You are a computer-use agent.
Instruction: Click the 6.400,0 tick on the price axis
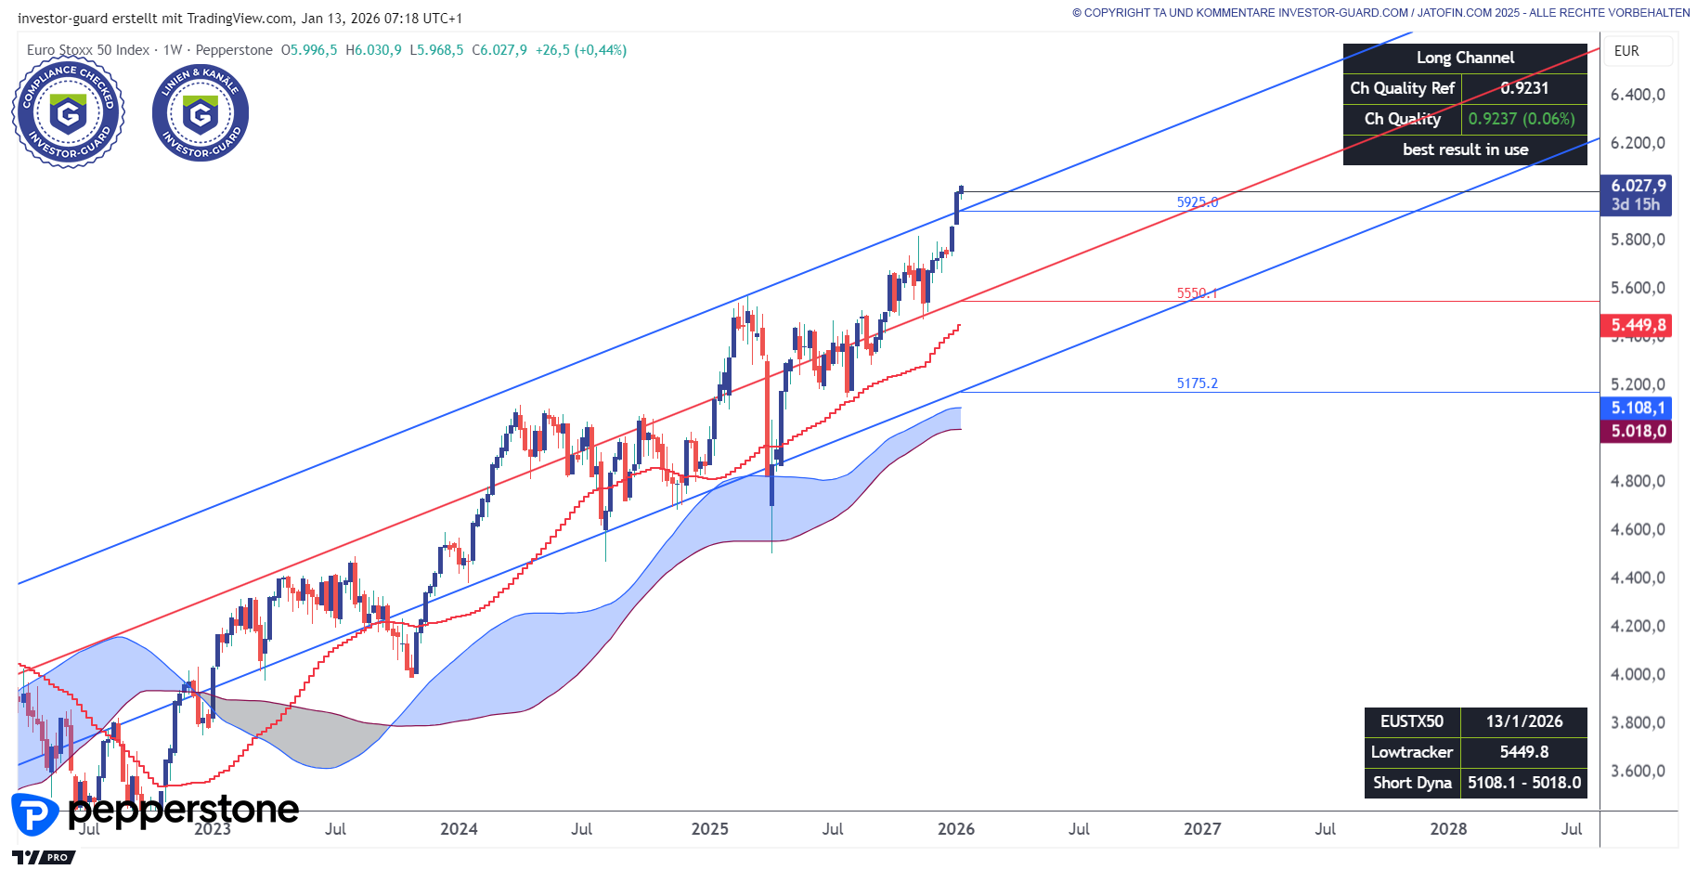point(1637,95)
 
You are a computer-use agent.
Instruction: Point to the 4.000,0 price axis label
point(1637,674)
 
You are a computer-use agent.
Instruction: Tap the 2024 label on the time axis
point(459,829)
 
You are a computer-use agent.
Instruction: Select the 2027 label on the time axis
point(1202,829)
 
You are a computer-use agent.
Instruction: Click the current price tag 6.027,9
point(1638,186)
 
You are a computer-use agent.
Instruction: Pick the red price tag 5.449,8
point(1638,325)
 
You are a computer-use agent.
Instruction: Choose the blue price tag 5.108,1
point(1638,408)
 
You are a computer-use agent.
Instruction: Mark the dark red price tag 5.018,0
point(1638,431)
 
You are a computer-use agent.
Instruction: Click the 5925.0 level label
point(1197,202)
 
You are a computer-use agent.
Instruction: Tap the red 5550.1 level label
point(1197,293)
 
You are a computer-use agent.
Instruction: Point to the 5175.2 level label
point(1197,383)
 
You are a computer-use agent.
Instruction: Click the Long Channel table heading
point(1465,58)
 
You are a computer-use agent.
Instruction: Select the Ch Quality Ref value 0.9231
point(1524,88)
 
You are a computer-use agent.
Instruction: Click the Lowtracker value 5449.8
point(1523,752)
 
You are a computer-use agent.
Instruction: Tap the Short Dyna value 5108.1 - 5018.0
point(1523,783)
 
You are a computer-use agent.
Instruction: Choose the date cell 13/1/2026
point(1523,721)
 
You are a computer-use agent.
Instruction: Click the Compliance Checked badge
point(68,114)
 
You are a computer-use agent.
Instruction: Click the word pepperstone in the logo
point(184,811)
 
